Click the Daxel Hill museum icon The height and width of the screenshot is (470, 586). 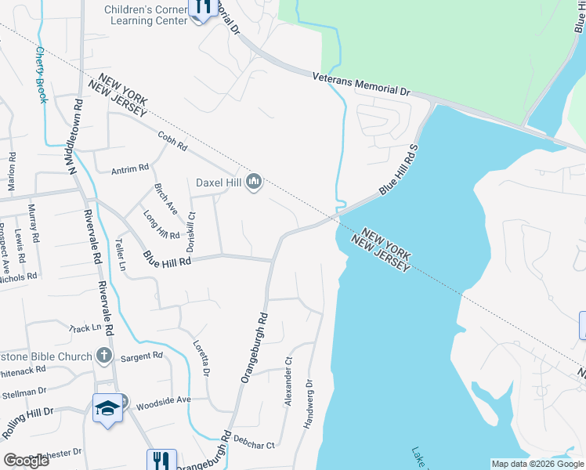click(x=253, y=183)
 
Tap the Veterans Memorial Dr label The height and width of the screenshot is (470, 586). click(x=361, y=84)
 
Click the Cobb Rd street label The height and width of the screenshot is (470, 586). click(x=172, y=139)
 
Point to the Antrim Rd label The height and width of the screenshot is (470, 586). click(x=130, y=168)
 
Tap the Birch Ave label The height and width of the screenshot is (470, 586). click(x=166, y=200)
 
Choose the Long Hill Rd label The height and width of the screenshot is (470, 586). click(x=162, y=224)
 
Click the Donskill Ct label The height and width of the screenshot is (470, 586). click(x=190, y=231)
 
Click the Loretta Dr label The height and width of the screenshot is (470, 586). click(x=202, y=356)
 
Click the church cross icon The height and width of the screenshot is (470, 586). click(x=103, y=356)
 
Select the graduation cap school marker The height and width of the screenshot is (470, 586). click(x=107, y=407)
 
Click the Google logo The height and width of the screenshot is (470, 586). click(x=26, y=461)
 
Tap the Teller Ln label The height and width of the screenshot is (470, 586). click(x=121, y=255)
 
